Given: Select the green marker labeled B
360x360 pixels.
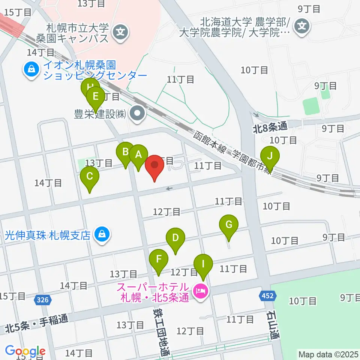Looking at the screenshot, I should point(126,152).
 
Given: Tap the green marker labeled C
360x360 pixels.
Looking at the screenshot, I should point(90,177).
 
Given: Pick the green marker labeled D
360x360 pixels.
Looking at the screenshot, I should point(175,238).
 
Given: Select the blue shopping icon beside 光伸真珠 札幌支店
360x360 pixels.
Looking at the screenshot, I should point(101,235).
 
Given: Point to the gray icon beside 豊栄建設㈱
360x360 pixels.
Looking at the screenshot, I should point(138,114).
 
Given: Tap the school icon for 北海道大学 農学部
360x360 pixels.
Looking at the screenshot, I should point(302,26).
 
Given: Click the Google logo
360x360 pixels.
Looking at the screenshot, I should point(25,351).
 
